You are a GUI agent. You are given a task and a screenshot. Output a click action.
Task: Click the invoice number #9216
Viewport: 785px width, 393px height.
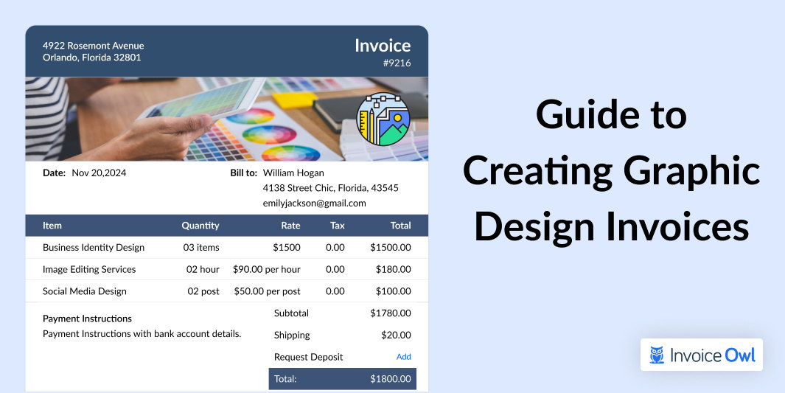(397, 63)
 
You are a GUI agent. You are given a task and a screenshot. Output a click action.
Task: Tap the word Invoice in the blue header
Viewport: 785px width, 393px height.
(383, 46)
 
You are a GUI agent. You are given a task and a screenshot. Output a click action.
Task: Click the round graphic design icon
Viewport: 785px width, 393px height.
(383, 119)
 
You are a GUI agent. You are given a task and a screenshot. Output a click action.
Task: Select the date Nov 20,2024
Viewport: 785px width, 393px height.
(99, 173)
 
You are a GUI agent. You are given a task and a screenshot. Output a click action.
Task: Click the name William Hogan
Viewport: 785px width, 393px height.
(293, 173)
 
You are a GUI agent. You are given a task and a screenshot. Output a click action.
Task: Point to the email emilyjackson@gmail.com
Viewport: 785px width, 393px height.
(315, 204)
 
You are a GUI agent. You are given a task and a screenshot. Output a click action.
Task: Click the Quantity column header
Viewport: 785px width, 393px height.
(200, 226)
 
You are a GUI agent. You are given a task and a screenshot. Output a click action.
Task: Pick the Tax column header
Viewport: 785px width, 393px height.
(338, 226)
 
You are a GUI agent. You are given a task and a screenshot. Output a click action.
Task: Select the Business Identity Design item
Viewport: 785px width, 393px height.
(94, 247)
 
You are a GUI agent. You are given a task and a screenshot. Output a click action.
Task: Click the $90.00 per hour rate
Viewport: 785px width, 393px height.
(266, 269)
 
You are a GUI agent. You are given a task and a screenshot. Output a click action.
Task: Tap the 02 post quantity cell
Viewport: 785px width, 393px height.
(203, 291)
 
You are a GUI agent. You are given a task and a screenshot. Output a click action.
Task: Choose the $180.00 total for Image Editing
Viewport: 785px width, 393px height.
(394, 269)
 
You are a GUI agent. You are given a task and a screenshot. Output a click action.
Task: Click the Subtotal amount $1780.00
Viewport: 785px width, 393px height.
(391, 313)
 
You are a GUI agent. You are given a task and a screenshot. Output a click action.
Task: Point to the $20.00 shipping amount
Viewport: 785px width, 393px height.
(396, 335)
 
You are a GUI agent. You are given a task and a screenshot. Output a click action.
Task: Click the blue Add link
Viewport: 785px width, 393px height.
(403, 357)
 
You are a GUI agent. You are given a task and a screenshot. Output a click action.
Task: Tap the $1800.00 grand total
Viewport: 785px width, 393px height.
(391, 379)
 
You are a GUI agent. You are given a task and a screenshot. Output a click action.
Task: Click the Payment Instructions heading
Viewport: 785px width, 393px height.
(87, 319)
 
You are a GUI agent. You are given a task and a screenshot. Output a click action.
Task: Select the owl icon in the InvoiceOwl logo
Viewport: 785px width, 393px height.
(657, 355)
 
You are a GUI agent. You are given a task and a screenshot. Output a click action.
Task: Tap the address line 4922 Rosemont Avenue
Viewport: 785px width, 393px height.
(93, 46)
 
